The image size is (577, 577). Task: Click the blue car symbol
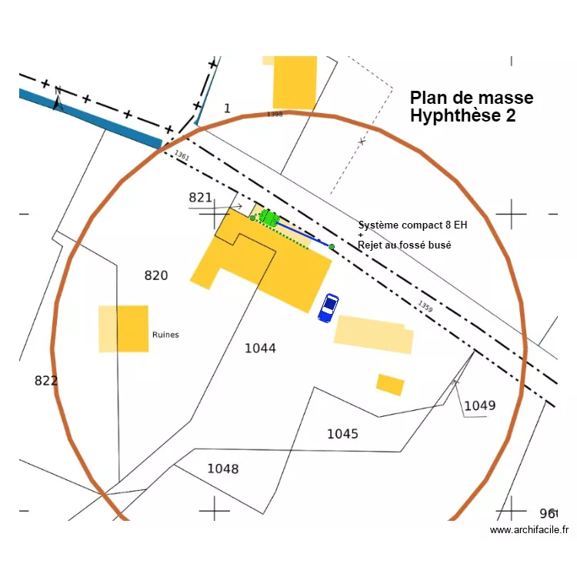(x=329, y=308)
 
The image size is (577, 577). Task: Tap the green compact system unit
(x=268, y=218)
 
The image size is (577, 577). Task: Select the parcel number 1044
(x=260, y=349)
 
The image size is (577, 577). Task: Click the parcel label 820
(x=156, y=275)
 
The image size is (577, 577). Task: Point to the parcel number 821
(x=200, y=198)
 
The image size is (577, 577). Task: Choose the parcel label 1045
(x=342, y=434)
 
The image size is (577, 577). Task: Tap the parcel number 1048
(x=222, y=469)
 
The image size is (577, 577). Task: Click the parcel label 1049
(x=480, y=405)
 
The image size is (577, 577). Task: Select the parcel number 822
(x=46, y=381)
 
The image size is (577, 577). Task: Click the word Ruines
(x=165, y=335)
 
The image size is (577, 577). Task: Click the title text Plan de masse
(x=471, y=98)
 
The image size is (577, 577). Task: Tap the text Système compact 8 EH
(x=412, y=225)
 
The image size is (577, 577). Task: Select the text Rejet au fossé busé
(x=404, y=245)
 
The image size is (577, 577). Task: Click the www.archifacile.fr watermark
(x=529, y=529)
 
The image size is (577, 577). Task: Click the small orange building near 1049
(x=390, y=385)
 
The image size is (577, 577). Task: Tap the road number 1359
(x=425, y=306)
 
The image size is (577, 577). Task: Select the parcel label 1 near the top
(x=227, y=108)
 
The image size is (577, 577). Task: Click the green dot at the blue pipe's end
(x=332, y=247)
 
